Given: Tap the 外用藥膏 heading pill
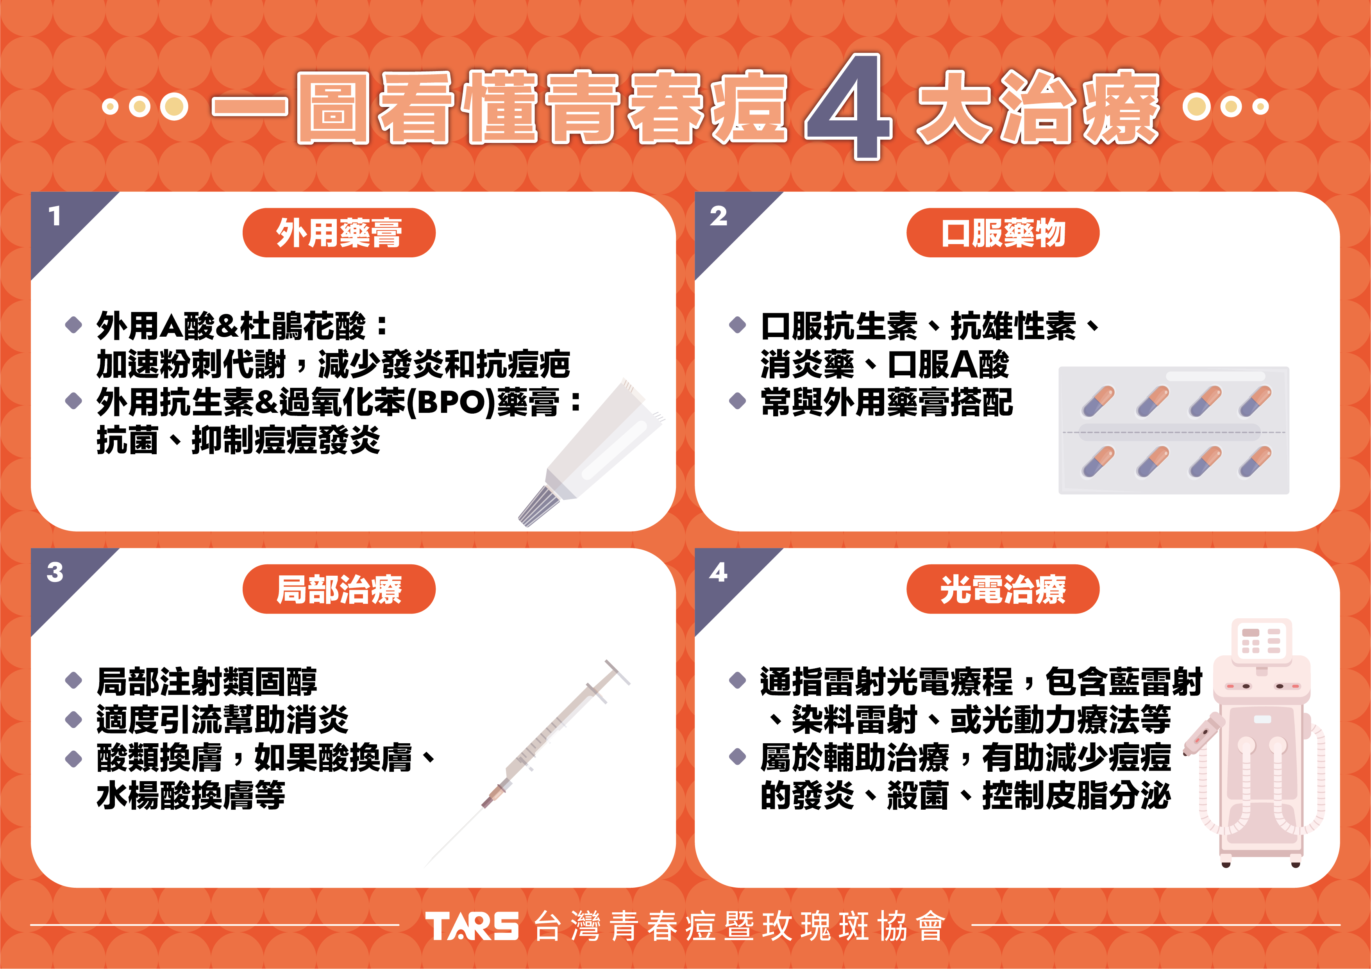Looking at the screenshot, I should pyautogui.click(x=339, y=233).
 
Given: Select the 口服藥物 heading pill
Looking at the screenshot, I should pyautogui.click(x=1003, y=233).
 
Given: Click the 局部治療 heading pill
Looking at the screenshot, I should pyautogui.click(x=339, y=589).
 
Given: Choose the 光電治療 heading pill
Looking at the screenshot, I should pyautogui.click(x=1003, y=589).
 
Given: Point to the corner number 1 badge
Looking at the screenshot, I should pyautogui.click(x=55, y=216).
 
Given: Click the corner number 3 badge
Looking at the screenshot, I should pyautogui.click(x=55, y=572).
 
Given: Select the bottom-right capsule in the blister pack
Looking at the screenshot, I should pyautogui.click(x=1255, y=462).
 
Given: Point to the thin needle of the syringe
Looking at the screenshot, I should pyautogui.click(x=454, y=836).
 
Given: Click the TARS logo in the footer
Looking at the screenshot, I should pyautogui.click(x=472, y=926).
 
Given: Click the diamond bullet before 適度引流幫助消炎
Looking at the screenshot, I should pyautogui.click(x=73, y=719).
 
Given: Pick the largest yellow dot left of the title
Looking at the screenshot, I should pyautogui.click(x=174, y=107).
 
